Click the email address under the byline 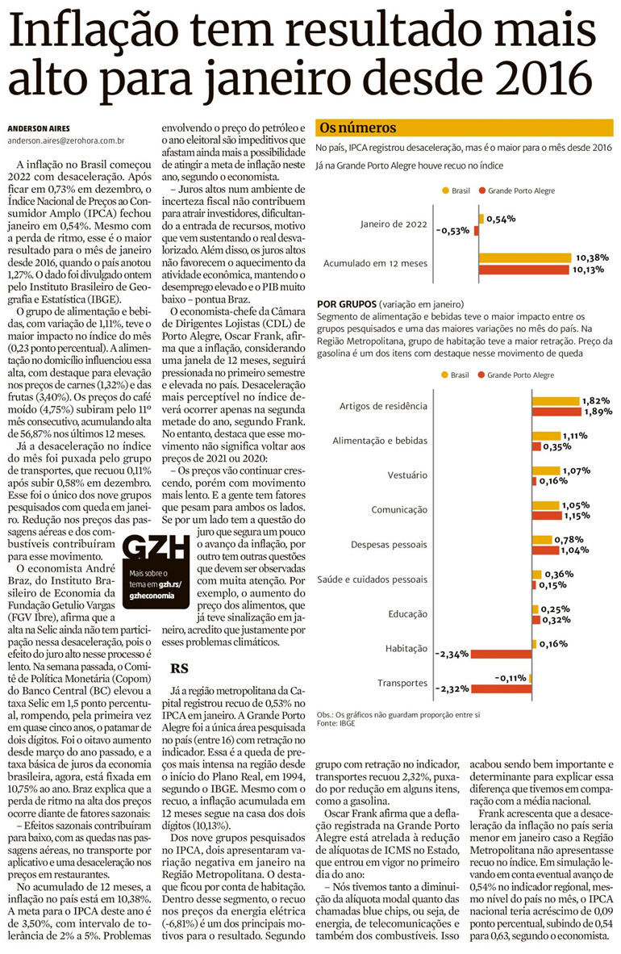point(65,140)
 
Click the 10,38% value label point(592,257)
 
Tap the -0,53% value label point(453,231)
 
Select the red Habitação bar point(502,653)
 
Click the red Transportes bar point(502,689)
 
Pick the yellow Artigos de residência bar point(556,400)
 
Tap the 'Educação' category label point(406,613)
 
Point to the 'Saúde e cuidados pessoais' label point(372,579)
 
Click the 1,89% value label point(598,412)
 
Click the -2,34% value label point(452,654)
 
